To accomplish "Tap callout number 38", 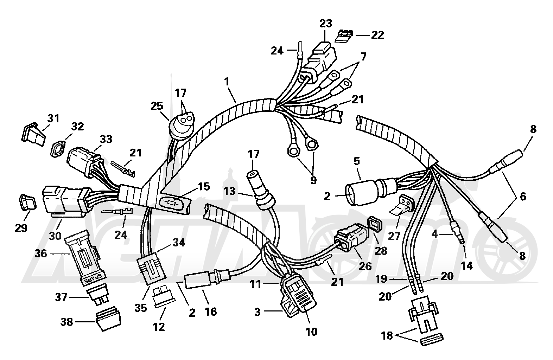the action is coord(66,322).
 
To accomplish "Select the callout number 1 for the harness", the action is coord(227,82).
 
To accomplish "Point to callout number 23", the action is coord(326,24).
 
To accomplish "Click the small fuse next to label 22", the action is coord(344,35).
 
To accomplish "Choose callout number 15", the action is coord(204,187).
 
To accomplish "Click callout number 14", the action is coord(466,266).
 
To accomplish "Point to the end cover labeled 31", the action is coord(33,135).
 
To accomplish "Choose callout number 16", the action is coord(211,312).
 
